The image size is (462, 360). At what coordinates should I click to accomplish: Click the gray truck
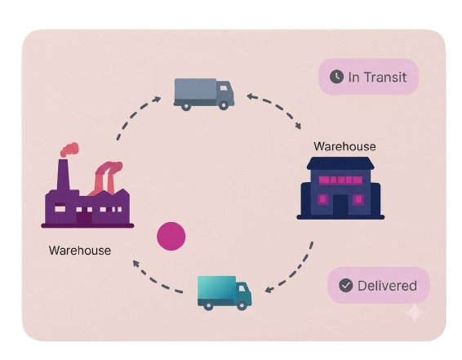(204, 94)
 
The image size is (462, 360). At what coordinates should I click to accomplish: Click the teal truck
(224, 293)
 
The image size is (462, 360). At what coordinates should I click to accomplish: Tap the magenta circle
(171, 236)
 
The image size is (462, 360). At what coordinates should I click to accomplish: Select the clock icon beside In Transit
(336, 77)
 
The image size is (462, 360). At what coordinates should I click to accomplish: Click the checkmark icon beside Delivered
(345, 285)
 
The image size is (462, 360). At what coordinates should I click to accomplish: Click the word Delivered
(387, 286)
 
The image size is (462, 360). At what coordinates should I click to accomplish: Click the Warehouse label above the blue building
(344, 146)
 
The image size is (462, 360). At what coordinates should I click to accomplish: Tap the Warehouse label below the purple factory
(80, 251)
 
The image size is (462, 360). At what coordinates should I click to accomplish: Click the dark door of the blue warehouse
(340, 205)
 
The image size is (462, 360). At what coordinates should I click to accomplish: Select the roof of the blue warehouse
(340, 163)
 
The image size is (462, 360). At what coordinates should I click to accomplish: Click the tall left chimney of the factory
(64, 175)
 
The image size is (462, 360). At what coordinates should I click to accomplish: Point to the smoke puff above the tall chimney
(70, 149)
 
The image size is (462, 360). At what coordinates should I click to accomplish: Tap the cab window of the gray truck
(224, 88)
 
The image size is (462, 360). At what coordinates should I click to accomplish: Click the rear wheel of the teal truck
(208, 306)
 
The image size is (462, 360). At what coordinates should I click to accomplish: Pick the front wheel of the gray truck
(224, 105)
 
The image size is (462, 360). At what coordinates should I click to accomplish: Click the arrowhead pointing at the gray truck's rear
(157, 99)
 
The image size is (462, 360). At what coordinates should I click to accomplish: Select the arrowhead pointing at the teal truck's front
(269, 290)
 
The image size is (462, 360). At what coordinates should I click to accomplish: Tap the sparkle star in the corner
(415, 313)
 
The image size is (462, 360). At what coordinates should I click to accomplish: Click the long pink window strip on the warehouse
(340, 180)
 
